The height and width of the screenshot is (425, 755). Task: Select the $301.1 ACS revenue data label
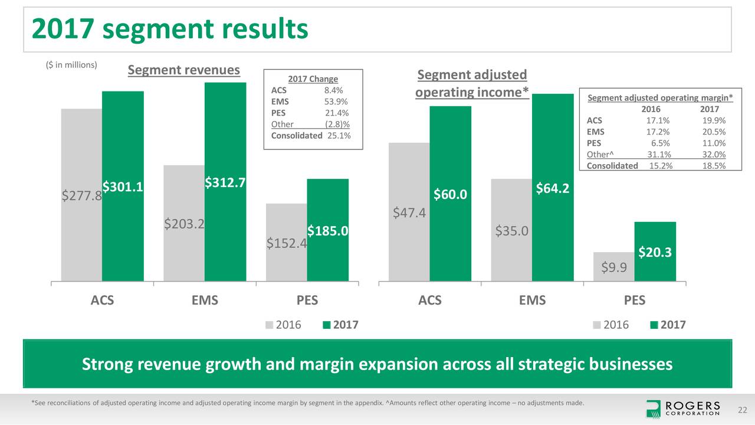click(x=123, y=187)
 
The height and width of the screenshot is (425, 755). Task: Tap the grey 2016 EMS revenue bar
click(x=183, y=248)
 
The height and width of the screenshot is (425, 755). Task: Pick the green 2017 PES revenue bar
click(x=327, y=260)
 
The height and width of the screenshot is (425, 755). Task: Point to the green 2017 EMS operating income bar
click(x=552, y=236)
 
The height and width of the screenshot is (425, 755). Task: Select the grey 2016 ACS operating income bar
click(x=408, y=248)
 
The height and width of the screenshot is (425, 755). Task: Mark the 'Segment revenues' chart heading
click(x=184, y=70)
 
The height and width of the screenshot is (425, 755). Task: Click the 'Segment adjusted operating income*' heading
click(x=472, y=84)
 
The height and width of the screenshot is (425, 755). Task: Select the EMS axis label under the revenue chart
click(x=204, y=300)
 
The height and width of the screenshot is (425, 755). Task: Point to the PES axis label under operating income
click(x=634, y=300)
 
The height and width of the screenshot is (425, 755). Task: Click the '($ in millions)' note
click(x=71, y=65)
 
